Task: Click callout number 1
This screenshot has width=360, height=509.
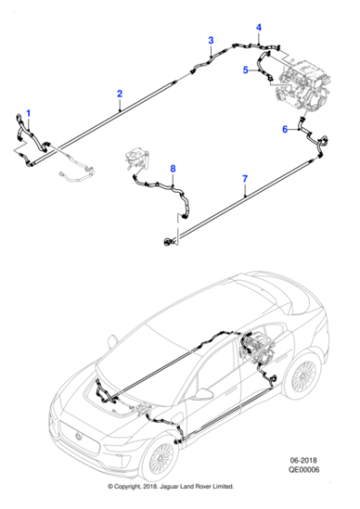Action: click(27, 114)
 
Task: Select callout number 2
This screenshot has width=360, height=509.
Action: click(120, 94)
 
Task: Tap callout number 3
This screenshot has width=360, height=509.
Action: click(211, 40)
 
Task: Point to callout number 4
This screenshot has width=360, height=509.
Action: click(258, 27)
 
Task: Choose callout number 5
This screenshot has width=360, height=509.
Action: click(245, 70)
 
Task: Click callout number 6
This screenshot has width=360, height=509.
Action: click(285, 130)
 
